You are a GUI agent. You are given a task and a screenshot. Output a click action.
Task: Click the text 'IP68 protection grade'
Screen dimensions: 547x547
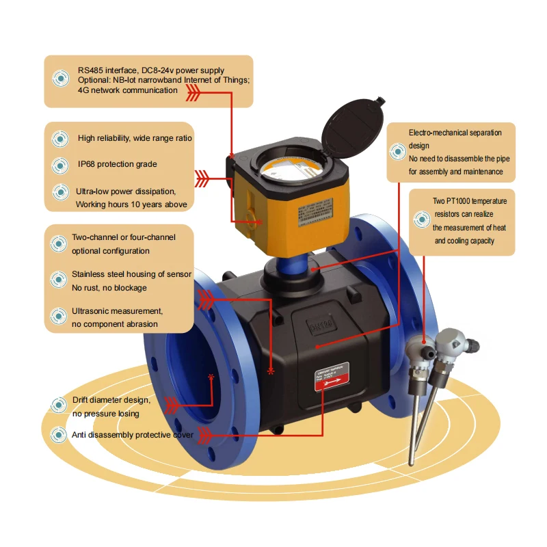point(117,164)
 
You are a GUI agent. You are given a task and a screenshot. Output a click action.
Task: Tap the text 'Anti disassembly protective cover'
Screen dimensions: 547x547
point(133,435)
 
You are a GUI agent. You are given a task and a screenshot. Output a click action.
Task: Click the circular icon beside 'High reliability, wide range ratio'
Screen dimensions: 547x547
point(61,138)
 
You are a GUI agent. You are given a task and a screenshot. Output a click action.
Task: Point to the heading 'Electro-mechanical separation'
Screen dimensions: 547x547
point(455,132)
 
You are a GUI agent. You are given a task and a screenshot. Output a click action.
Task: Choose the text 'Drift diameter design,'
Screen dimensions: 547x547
point(111,400)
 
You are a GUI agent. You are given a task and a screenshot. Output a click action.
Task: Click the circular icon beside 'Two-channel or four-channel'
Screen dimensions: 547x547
point(59,244)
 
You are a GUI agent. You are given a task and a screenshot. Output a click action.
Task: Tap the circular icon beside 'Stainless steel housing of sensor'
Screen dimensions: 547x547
point(59,280)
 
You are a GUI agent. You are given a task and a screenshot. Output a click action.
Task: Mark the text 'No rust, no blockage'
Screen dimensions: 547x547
point(109,288)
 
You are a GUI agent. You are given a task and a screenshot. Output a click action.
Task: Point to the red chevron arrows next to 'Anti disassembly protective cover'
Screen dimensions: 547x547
point(205,435)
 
